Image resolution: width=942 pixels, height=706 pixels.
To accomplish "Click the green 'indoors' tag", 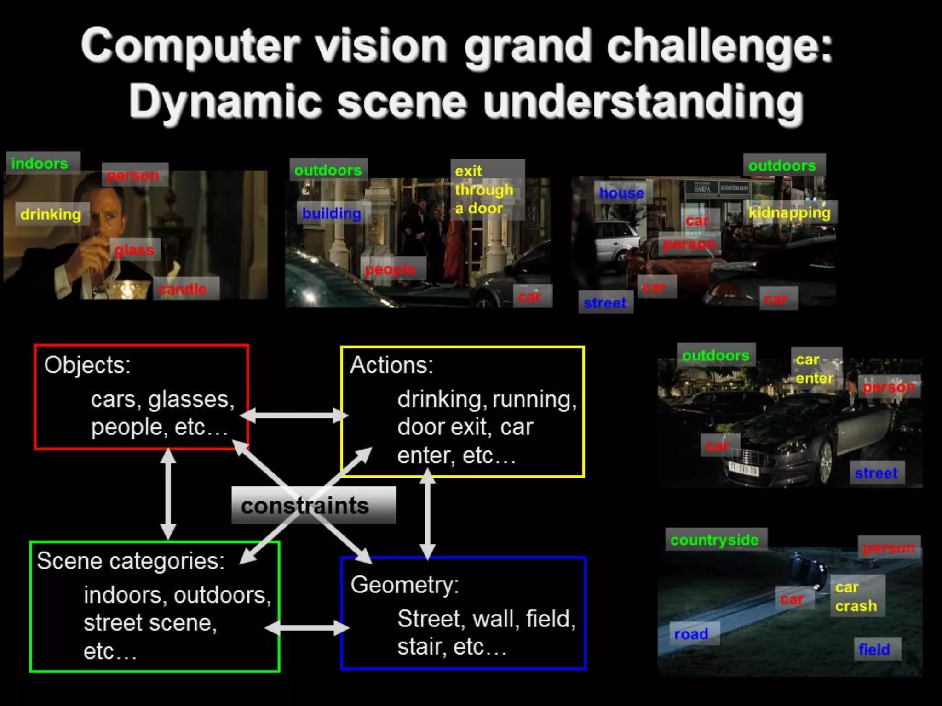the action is tap(40, 163).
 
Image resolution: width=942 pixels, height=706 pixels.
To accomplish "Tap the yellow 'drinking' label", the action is tap(51, 214).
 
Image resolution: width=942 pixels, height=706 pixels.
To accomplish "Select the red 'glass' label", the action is tap(134, 250).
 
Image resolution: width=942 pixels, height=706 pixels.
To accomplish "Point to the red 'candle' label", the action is tap(183, 289).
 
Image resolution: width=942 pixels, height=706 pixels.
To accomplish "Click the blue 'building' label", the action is tap(332, 213).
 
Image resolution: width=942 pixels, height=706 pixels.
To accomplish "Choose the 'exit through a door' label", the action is tap(484, 189).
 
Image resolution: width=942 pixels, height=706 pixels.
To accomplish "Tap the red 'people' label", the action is tap(390, 269).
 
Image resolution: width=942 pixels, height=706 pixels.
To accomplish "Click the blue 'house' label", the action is tap(621, 193).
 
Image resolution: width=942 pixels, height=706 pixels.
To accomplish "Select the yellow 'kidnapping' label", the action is tap(789, 212).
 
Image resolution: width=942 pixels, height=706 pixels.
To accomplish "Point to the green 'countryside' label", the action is tap(714, 540).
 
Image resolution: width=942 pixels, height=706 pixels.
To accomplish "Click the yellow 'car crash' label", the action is tap(856, 597).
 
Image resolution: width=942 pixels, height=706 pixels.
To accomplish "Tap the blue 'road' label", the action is tap(691, 634).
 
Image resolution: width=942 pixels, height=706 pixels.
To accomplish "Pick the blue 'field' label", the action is tap(874, 649).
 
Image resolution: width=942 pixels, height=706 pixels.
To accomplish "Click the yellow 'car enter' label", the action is tap(814, 369).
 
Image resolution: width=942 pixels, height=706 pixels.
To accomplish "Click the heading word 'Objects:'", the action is tap(87, 365).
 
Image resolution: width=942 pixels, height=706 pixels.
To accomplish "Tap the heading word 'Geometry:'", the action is tap(405, 585).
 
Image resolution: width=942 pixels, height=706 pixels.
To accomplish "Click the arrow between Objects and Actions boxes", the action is tap(294, 416).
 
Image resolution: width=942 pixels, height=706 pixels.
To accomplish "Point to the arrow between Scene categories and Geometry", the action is tap(307, 628).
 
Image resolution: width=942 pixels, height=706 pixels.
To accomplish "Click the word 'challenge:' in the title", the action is tap(720, 46).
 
